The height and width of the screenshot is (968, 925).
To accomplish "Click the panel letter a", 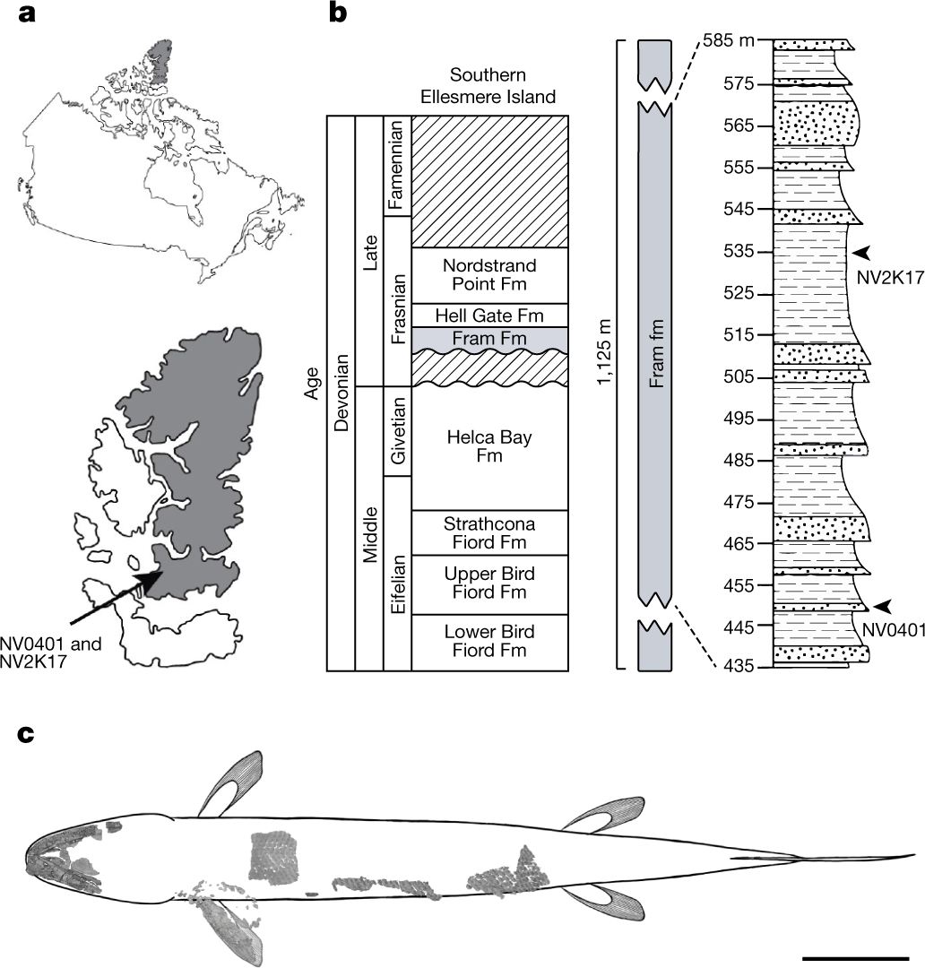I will coord(27,15).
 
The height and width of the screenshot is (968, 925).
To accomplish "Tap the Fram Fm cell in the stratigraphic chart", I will coord(489,339).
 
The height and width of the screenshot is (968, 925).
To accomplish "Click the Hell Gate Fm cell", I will coord(489,315).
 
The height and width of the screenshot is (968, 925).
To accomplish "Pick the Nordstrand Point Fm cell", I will coord(489,275).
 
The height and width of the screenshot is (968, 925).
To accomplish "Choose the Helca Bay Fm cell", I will coord(489,447).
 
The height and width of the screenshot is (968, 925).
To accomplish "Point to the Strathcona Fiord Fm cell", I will coord(489,532).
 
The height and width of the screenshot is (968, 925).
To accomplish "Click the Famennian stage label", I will coord(397,166).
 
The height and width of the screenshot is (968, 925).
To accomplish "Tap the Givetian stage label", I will coord(397,431).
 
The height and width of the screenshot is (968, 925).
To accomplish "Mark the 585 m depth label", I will coord(727,41).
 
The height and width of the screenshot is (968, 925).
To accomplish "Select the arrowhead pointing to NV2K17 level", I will coord(860,252).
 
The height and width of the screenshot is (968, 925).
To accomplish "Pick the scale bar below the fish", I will coord(855,958).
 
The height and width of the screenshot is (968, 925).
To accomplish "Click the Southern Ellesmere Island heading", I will coord(489,85).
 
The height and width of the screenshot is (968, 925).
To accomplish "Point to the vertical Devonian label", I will coord(341,393).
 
